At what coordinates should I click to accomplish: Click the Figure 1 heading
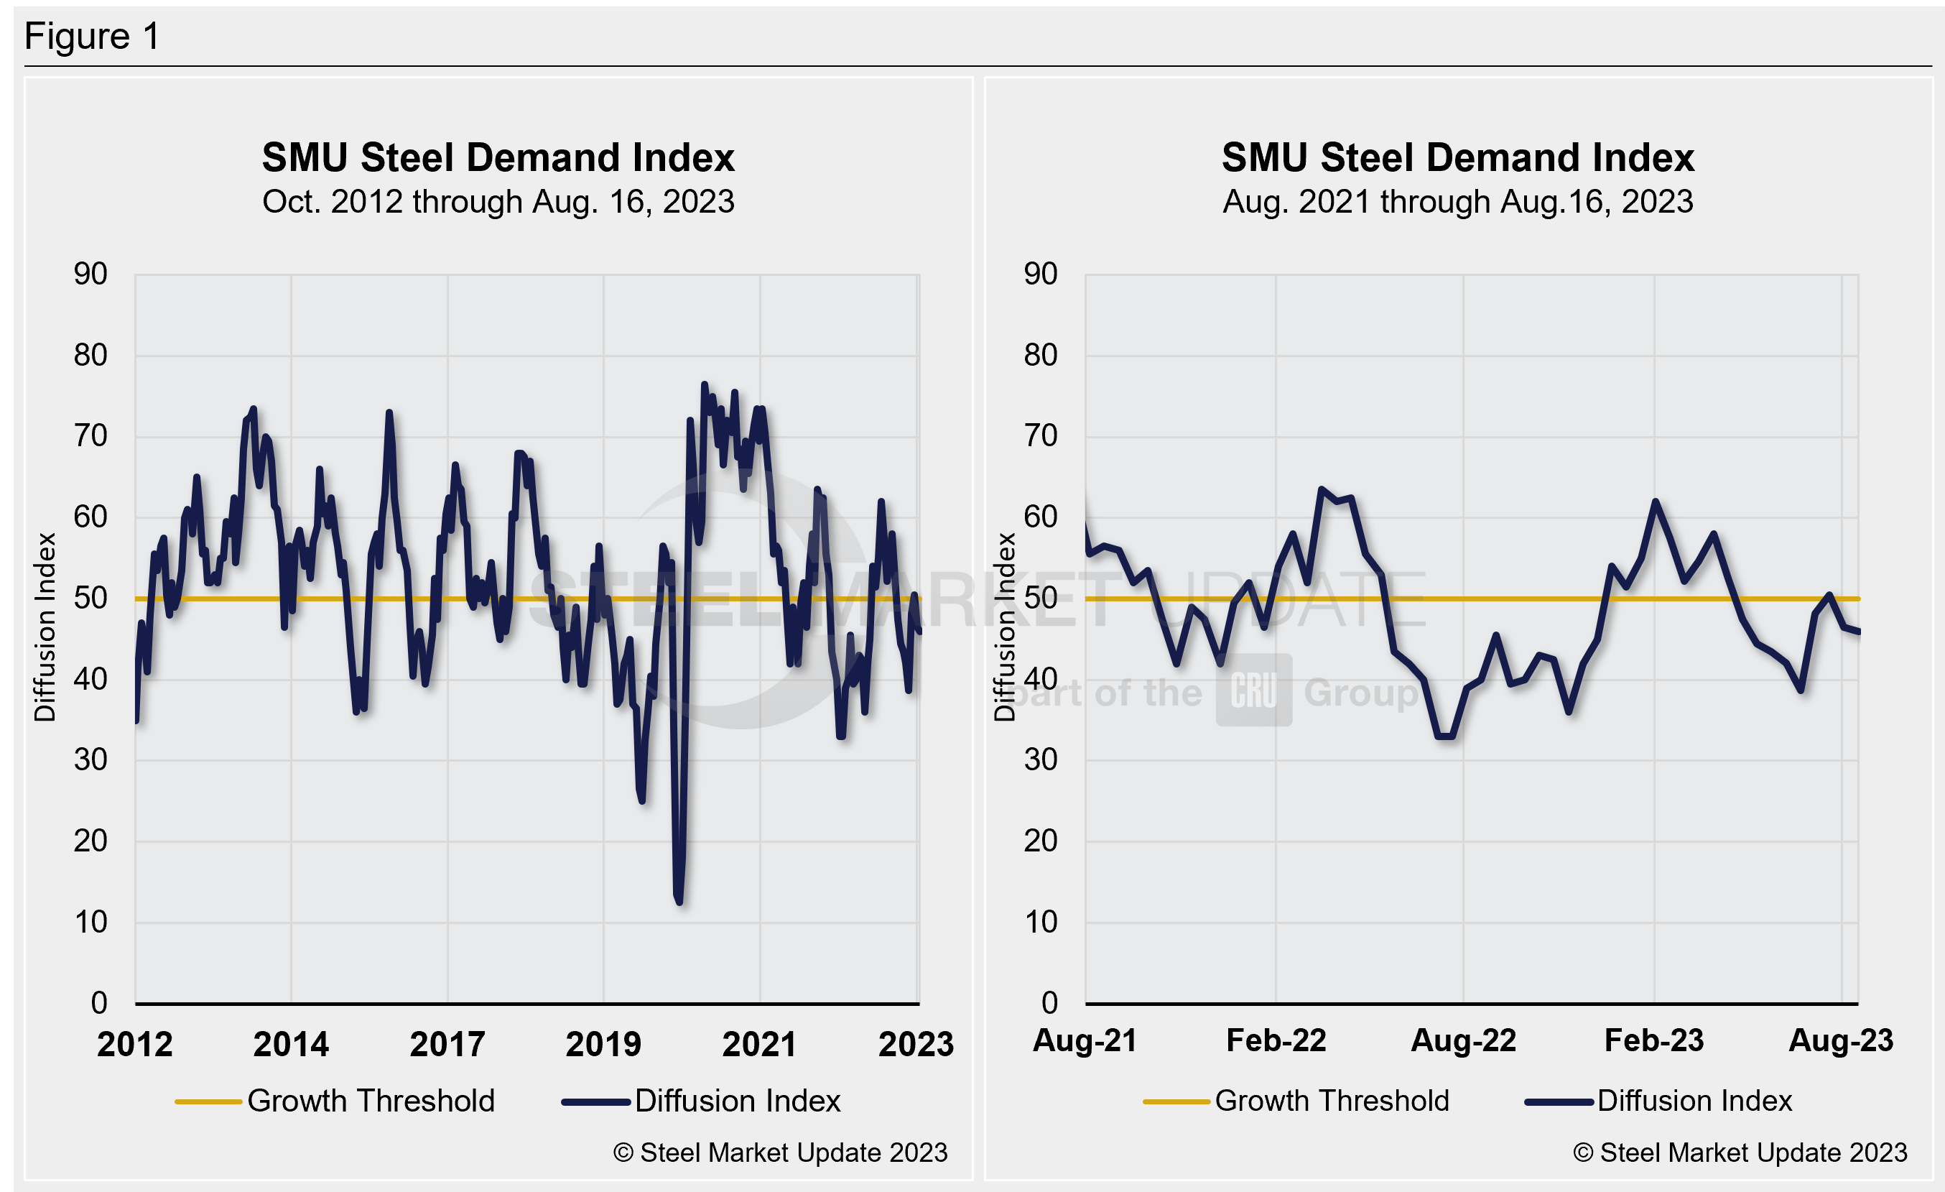[x=93, y=37]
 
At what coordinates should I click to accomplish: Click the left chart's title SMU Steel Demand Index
[x=498, y=157]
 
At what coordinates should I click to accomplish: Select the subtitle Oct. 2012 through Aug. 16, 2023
[x=498, y=202]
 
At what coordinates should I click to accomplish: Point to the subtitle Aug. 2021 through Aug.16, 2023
[x=1457, y=202]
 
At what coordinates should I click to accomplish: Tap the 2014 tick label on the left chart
[x=290, y=1045]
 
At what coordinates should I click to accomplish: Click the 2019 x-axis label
[x=603, y=1045]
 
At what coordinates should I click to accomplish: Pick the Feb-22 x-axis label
[x=1276, y=1040]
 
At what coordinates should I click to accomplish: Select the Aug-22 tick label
[x=1464, y=1040]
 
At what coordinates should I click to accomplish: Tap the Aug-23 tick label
[x=1840, y=1040]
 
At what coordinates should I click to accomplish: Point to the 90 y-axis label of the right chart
[x=1041, y=274]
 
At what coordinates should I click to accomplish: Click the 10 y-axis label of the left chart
[x=90, y=922]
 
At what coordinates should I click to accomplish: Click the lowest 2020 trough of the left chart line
[x=679, y=900]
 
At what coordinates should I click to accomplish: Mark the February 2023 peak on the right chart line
[x=1655, y=502]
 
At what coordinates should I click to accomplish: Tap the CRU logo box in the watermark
[x=1253, y=690]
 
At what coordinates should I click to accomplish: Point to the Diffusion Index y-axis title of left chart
[x=45, y=627]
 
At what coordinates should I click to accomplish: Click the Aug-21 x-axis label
[x=1085, y=1040]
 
